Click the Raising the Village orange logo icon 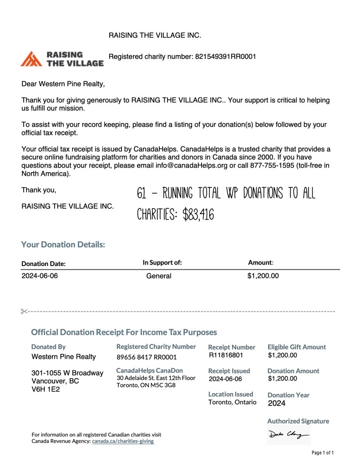tap(32, 59)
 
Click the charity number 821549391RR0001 tap(225, 57)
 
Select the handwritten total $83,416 tap(198, 214)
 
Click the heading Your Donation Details tap(63, 245)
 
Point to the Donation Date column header tap(44, 264)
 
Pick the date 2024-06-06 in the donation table tap(40, 276)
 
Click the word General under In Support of tap(159, 276)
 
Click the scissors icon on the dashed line tap(24, 311)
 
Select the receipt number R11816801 tap(226, 355)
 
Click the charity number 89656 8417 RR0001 tap(147, 357)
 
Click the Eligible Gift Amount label tap(297, 347)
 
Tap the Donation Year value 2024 tap(277, 403)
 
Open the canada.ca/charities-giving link tap(123, 441)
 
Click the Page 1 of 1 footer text tap(323, 453)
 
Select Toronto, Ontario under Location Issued tap(232, 402)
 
